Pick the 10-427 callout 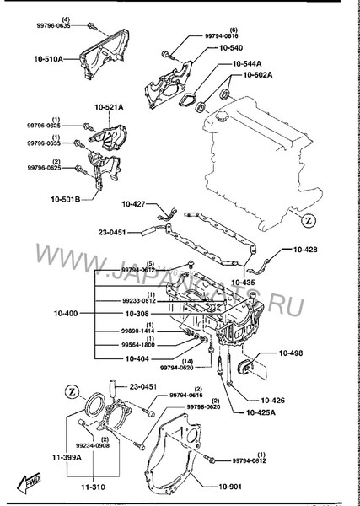134,204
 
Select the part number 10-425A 266,412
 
